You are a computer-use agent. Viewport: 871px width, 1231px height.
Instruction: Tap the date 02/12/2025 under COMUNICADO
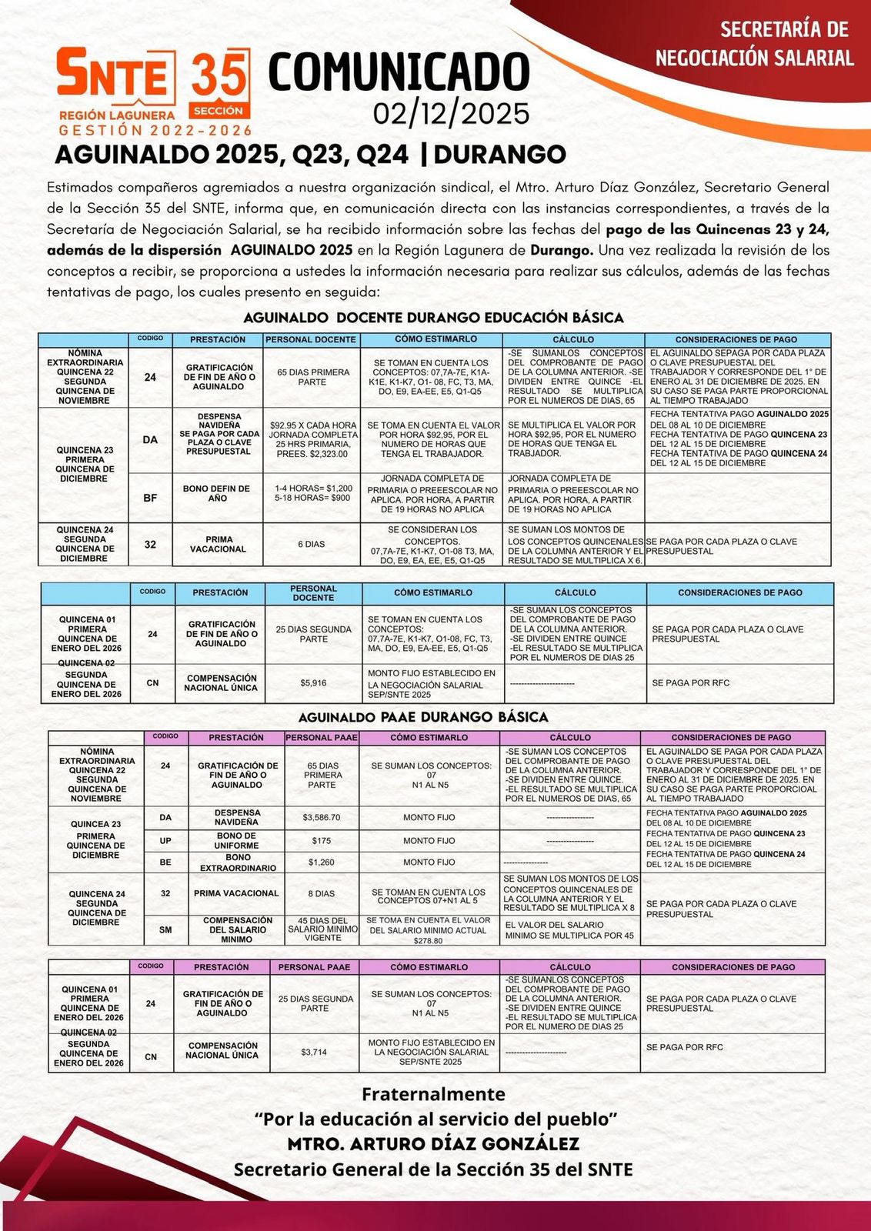pos(451,114)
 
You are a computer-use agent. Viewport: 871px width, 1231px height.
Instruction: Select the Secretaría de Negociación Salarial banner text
pos(754,44)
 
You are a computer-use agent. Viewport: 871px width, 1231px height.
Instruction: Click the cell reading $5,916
pos(313,682)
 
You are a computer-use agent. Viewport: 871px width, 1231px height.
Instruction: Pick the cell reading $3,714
pos(314,1052)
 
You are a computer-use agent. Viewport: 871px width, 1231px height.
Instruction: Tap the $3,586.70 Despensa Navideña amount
pos(322,817)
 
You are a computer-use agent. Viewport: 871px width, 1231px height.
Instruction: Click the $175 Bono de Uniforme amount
pos(322,841)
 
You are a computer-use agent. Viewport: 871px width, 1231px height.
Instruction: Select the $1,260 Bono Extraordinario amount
pos(322,862)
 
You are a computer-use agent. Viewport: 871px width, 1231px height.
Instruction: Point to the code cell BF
pos(150,498)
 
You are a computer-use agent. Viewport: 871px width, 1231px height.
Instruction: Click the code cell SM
pos(165,930)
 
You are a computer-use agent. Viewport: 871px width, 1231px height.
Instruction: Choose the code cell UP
pos(165,841)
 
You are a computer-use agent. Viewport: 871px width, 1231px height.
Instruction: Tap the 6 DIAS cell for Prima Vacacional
pos(311,544)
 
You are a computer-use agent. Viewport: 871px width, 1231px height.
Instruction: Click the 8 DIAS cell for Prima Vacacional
pos(322,894)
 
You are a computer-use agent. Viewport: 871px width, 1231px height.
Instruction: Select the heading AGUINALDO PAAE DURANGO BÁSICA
pos(423,717)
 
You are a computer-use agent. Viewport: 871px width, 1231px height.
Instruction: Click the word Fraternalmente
pos(434,1094)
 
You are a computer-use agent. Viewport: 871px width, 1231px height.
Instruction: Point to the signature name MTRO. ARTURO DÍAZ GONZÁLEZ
pos(433,1143)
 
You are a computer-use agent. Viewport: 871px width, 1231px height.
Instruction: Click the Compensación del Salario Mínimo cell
pos(238,929)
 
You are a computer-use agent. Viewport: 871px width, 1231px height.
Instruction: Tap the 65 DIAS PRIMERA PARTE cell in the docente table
pos(312,377)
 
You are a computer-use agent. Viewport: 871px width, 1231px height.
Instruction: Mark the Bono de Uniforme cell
pos(237,841)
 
